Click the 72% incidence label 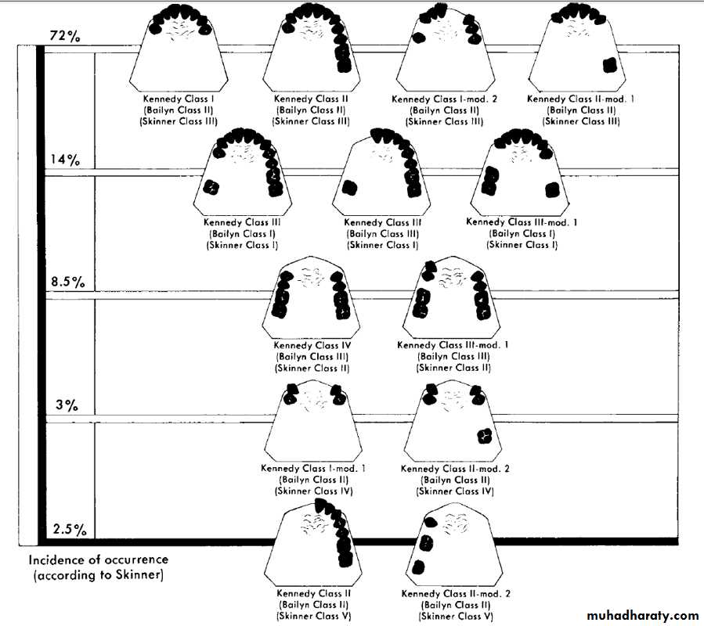coord(65,36)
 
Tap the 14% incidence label coord(65,160)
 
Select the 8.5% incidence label coord(68,282)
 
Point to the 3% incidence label coord(67,405)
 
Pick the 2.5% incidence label coord(70,530)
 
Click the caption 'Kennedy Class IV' coord(312,346)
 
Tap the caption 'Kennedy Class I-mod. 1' coord(313,469)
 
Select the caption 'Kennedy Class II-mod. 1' coord(580,99)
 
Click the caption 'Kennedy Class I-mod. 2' coord(444,99)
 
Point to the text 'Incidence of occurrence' coord(99,560)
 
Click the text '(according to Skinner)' coord(99,575)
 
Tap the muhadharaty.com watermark coord(642,615)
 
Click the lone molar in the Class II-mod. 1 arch coord(609,66)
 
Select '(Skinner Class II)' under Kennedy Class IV coord(312,369)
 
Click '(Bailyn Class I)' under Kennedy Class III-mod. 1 coord(522,234)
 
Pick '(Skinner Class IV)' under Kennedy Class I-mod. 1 coord(313,491)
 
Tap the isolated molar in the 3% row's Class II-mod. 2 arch coord(484,436)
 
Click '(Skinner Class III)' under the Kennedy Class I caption coord(179,121)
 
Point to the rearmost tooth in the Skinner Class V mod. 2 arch coord(417,567)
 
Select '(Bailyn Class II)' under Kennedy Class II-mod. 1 coord(581,110)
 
